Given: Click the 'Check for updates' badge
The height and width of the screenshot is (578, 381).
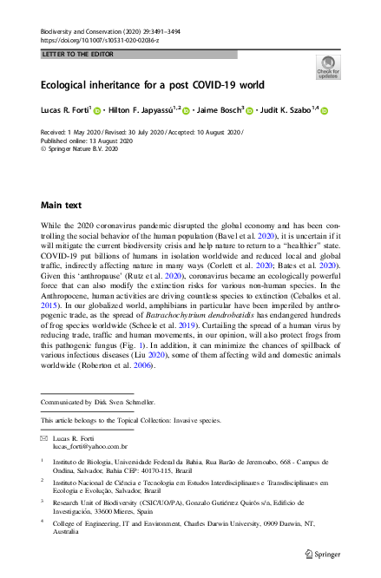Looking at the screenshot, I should point(328,67).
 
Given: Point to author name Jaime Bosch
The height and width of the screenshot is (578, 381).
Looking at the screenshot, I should point(217,110).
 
